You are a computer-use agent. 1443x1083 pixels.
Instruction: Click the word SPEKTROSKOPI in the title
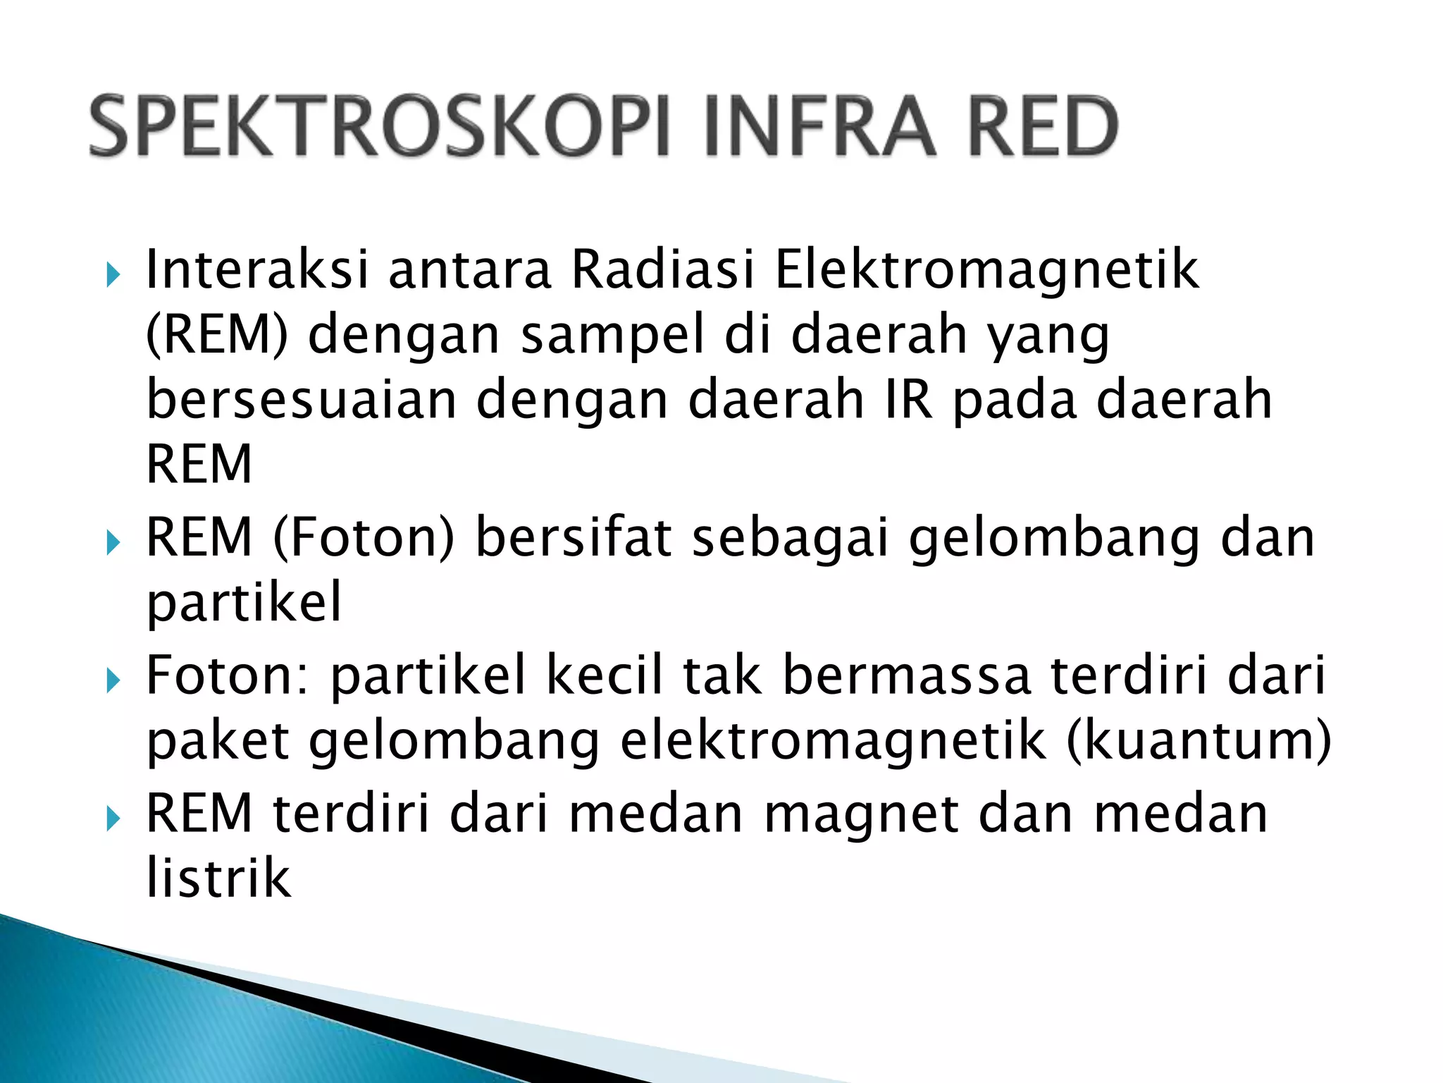pos(377,127)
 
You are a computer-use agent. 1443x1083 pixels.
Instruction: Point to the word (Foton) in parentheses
pos(364,537)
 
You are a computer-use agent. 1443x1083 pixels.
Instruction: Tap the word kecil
pos(605,675)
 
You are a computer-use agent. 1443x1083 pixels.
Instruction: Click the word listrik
pos(218,877)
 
